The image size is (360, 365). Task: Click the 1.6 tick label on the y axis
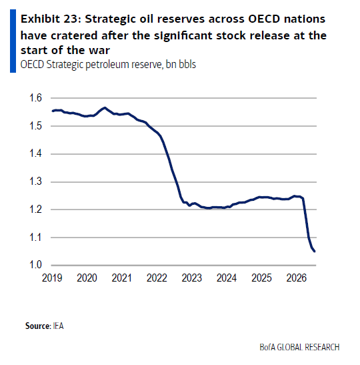click(x=35, y=98)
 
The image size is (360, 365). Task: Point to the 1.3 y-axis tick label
click(x=35, y=181)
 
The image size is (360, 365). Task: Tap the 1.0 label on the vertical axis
click(x=35, y=265)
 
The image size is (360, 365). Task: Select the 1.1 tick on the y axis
click(x=35, y=237)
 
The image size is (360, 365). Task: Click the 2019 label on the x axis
click(x=52, y=278)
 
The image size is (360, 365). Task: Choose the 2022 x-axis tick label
click(x=157, y=278)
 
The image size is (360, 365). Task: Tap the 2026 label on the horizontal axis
click(x=297, y=278)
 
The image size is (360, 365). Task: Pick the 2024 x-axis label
click(x=227, y=278)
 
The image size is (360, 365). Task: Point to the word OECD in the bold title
click(x=264, y=19)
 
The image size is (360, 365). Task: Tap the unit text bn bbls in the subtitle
click(x=181, y=64)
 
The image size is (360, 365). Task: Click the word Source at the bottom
click(x=38, y=326)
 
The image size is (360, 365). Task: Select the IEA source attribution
click(x=58, y=326)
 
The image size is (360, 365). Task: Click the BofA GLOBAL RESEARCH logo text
click(x=299, y=347)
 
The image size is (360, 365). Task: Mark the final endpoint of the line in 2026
click(x=315, y=251)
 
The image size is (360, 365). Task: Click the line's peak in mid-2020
click(x=105, y=108)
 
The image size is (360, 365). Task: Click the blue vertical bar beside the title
click(x=13, y=41)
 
